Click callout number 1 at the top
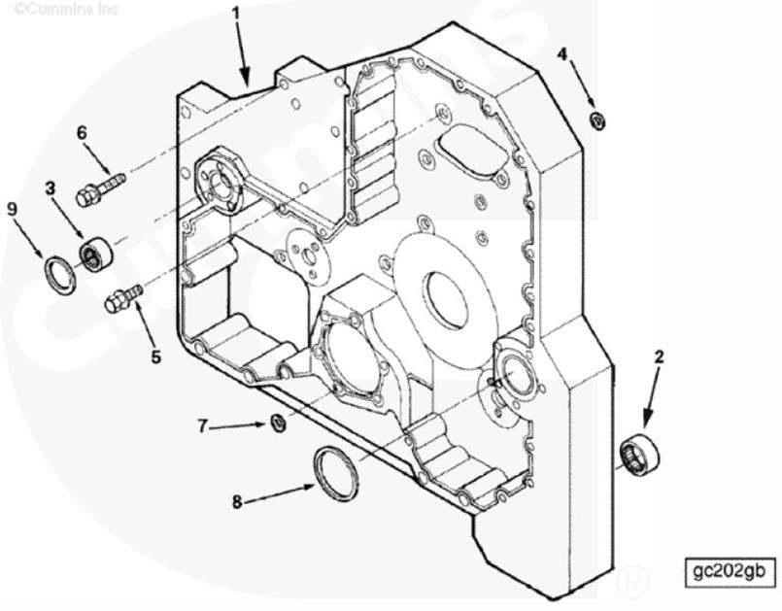pos(236,13)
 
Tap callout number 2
pos(659,357)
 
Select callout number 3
pos(51,188)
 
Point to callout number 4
pos(562,53)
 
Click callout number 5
pos(156,356)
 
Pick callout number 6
pos(82,133)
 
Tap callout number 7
pos(202,426)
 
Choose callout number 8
pos(237,501)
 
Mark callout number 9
pos(13,210)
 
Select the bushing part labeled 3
pos(97,255)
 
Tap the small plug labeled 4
pos(597,120)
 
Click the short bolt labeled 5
pos(123,298)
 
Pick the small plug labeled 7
pos(278,423)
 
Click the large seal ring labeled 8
pos(336,473)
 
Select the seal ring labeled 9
pos(60,275)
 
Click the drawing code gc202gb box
pos(730,571)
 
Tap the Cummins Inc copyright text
pos(66,8)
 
